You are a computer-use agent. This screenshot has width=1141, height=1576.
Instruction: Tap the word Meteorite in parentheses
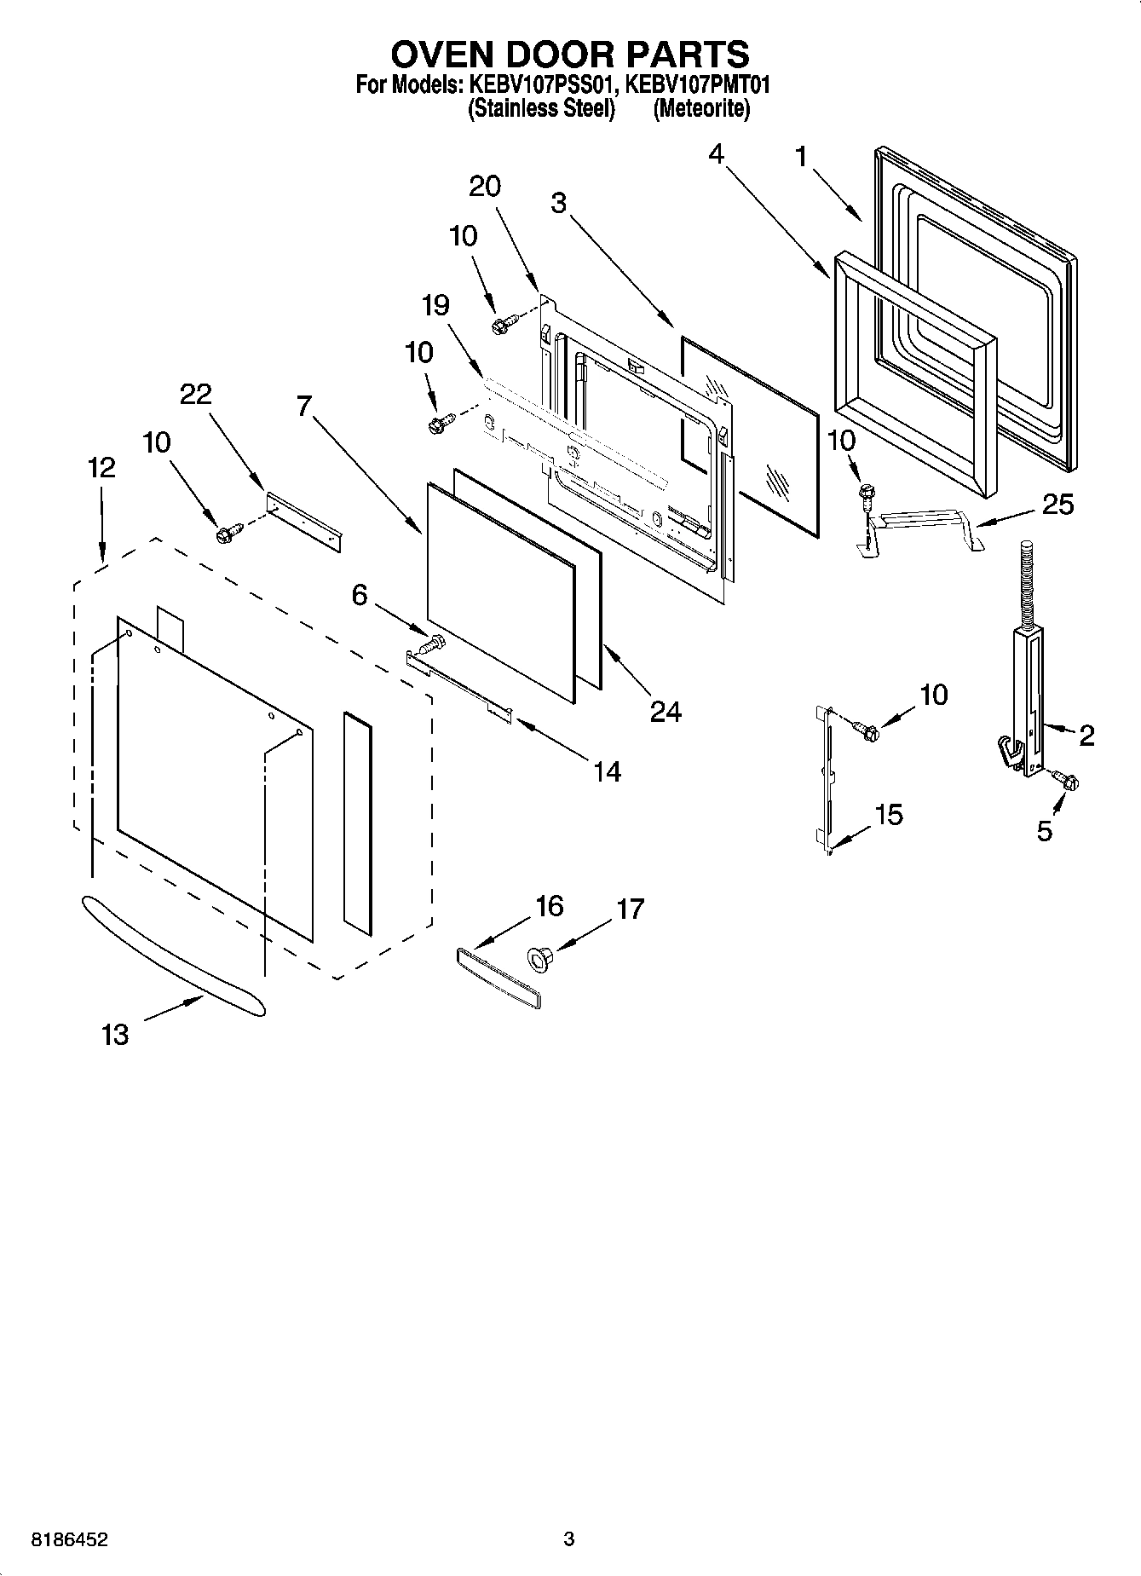701,109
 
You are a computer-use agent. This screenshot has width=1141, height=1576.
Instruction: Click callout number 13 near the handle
115,1034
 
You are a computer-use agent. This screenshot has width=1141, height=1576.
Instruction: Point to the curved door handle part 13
170,955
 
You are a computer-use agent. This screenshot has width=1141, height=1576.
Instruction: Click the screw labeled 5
1065,779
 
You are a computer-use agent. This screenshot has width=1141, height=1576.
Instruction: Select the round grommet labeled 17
539,961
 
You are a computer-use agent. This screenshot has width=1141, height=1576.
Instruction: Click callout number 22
195,395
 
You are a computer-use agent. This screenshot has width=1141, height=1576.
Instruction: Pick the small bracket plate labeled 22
304,519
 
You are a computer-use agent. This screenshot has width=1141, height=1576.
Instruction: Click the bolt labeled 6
433,643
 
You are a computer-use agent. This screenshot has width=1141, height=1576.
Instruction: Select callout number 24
666,712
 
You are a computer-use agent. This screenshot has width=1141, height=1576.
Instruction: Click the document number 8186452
70,1539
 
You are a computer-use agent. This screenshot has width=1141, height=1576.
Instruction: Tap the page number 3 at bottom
569,1539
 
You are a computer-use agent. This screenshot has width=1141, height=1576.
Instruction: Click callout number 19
435,305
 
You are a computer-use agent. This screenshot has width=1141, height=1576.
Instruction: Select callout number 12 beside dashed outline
101,467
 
